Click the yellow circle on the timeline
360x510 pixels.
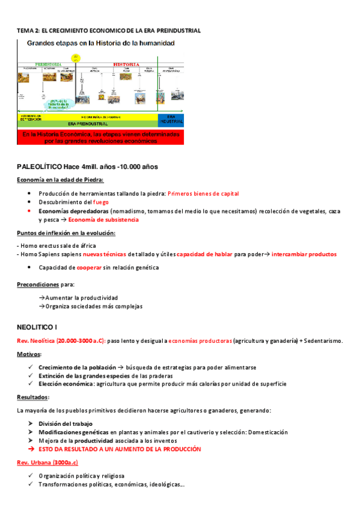coord(75,58)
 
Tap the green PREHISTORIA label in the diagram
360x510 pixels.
coord(48,63)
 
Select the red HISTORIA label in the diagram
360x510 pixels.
coord(126,63)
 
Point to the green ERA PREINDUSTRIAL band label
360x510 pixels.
coord(87,123)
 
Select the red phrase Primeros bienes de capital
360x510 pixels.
coord(203,194)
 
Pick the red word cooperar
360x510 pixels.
coord(90,267)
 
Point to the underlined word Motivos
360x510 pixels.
coord(29,354)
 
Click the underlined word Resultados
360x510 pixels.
coord(33,398)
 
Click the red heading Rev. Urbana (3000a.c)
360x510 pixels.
coord(47,462)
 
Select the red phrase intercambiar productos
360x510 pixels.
coord(304,254)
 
